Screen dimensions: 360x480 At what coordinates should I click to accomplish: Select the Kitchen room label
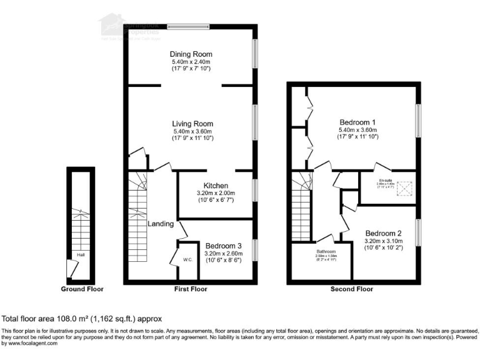tap(215, 186)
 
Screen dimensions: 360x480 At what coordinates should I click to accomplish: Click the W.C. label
tap(187, 259)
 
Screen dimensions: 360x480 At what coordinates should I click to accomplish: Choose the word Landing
tap(161, 224)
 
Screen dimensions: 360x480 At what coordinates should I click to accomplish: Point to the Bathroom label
tap(326, 250)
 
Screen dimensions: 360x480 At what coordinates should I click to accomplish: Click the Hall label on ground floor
tap(81, 255)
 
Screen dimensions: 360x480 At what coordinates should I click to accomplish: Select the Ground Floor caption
tap(82, 289)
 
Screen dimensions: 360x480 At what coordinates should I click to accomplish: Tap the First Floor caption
tap(189, 289)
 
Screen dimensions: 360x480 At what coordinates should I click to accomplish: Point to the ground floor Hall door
tap(72, 269)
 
